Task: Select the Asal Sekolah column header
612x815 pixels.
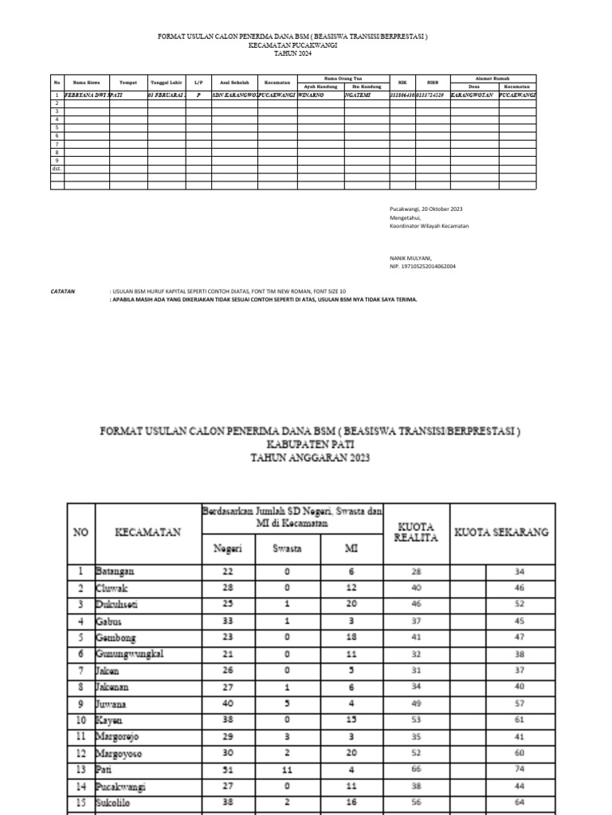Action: [233, 82]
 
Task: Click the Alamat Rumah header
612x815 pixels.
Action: [492, 78]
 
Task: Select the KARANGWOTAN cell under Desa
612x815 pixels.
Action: [473, 94]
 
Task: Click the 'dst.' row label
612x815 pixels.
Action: [57, 169]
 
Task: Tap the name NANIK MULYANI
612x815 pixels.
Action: [410, 258]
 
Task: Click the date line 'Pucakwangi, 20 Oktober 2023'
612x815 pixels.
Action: [426, 209]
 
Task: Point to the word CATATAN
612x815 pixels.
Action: [63, 292]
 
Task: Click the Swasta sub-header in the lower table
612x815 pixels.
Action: [286, 548]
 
